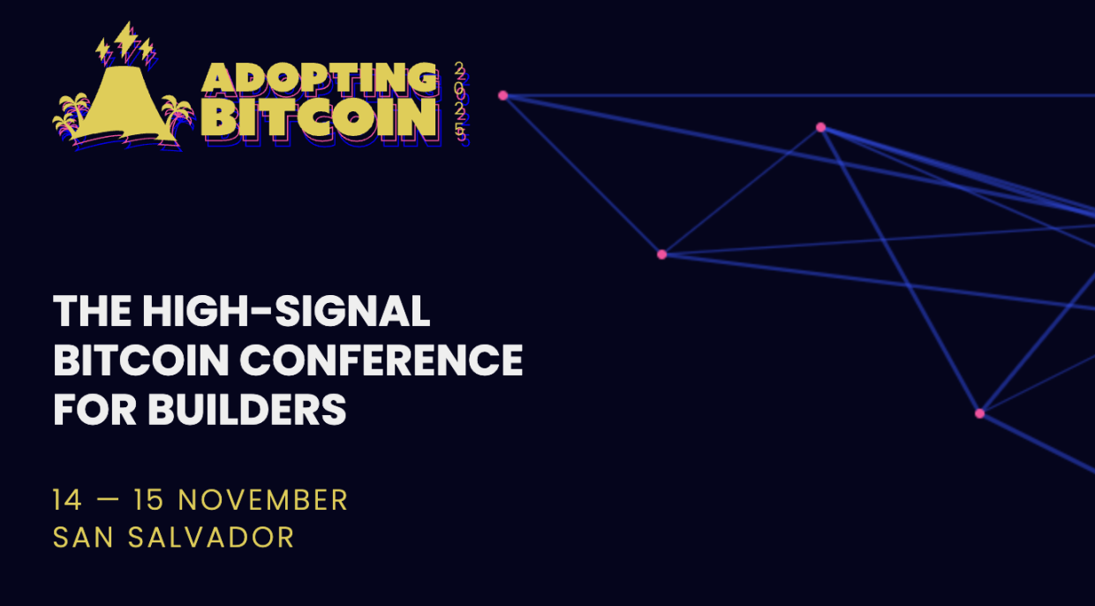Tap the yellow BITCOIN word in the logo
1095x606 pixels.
pos(319,117)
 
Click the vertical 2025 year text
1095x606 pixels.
pos(460,103)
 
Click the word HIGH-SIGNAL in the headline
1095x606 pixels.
pos(286,311)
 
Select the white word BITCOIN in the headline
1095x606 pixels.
pos(140,360)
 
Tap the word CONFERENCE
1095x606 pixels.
pos(381,360)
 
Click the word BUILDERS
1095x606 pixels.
pos(247,409)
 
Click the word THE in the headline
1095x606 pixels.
pos(93,311)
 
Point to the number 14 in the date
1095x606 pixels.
pos(67,500)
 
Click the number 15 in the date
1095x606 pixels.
pos(148,500)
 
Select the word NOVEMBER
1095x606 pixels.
pos(263,500)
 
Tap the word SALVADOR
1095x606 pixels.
pos(211,537)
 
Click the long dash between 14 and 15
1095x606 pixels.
pos(108,500)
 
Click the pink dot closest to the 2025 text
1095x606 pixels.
pos(503,95)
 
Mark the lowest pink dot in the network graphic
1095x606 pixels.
pos(979,413)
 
